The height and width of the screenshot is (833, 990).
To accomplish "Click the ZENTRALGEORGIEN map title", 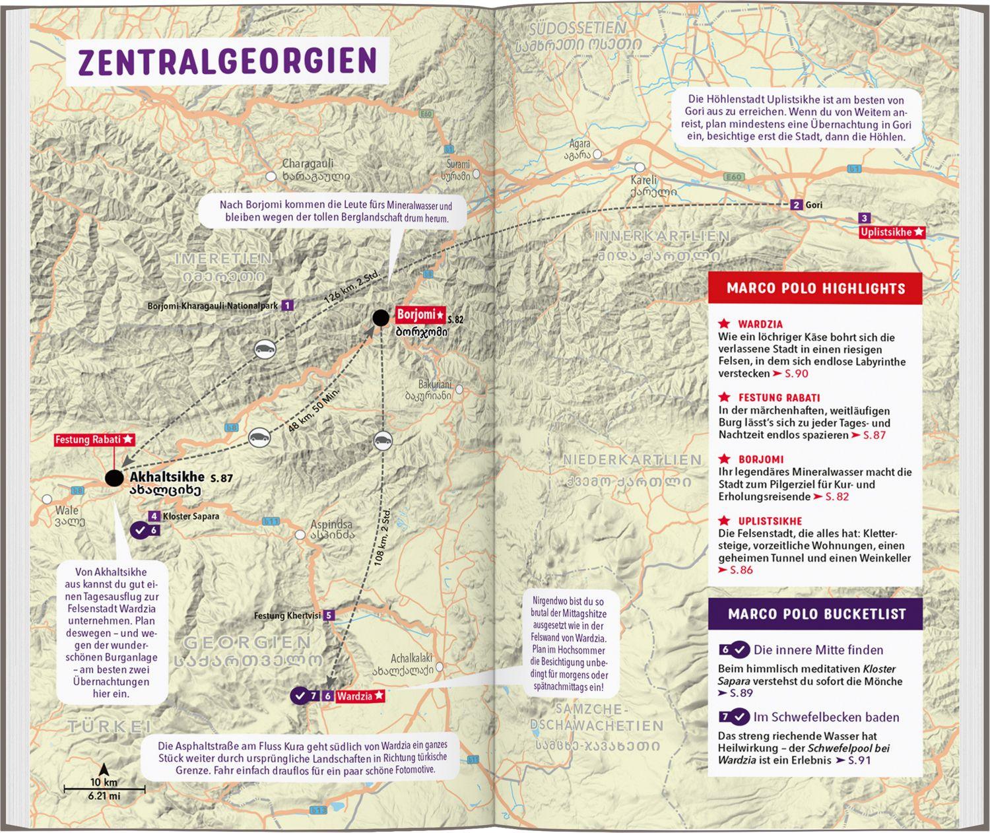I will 227,61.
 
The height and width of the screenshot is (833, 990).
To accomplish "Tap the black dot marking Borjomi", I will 380,318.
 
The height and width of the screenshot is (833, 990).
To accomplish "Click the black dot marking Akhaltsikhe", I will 114,477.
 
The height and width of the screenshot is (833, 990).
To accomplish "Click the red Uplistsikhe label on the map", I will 892,232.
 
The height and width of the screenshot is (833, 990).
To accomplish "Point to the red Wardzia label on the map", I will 360,696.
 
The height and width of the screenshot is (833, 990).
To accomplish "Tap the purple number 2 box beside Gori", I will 797,205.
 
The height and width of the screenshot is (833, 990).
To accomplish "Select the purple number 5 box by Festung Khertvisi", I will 329,616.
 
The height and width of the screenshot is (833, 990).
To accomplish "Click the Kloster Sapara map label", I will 191,516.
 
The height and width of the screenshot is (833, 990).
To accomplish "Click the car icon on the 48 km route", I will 258,438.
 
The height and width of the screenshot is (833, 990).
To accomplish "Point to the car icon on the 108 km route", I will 381,440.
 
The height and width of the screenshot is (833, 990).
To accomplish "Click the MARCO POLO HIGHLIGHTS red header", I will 815,288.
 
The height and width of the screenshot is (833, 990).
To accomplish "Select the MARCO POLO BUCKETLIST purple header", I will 816,614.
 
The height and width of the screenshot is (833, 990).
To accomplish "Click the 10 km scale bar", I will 104,789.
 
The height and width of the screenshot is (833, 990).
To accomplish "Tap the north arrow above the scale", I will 104,770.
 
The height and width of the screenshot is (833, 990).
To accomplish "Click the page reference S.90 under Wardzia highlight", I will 795,374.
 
